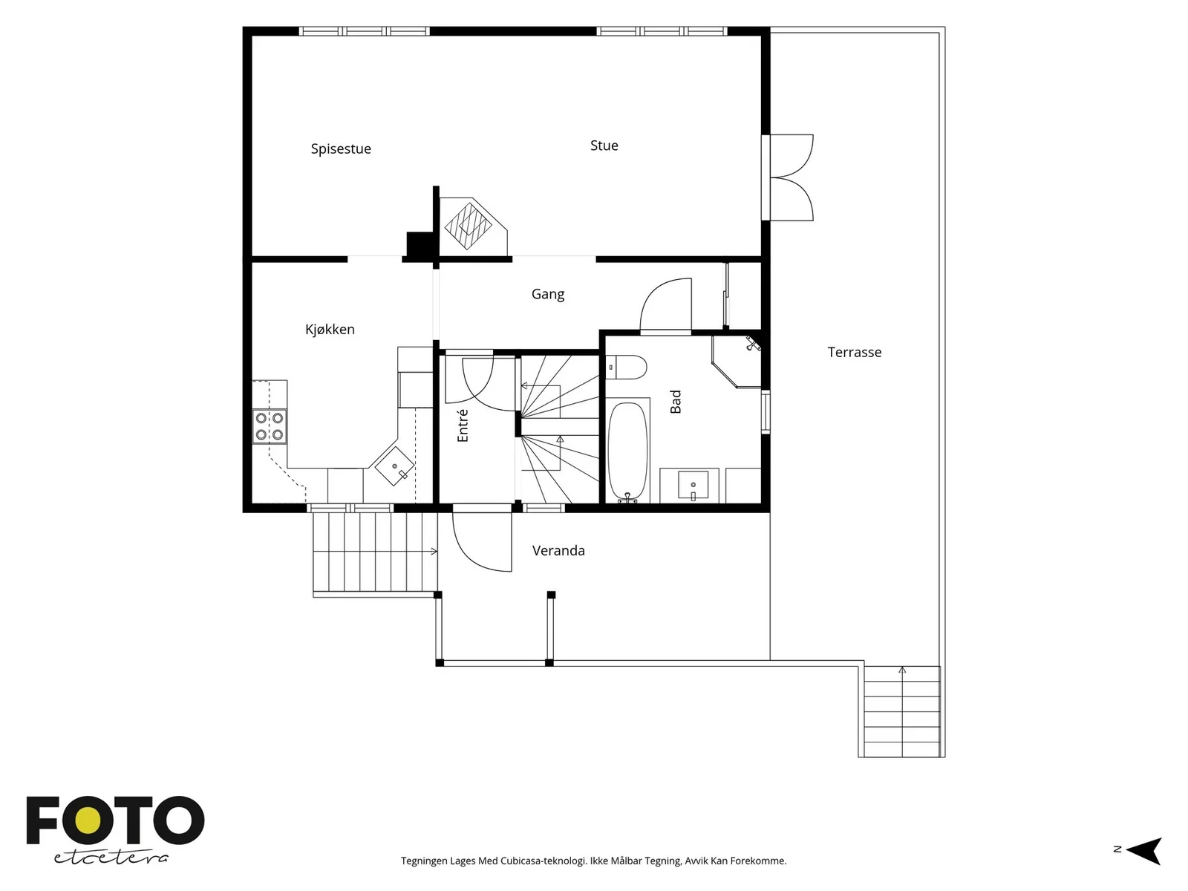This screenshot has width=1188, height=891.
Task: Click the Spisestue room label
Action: (x=341, y=148)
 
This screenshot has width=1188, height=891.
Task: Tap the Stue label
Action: (x=604, y=146)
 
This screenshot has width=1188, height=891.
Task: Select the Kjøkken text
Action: (x=330, y=329)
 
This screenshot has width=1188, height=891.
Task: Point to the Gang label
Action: (x=548, y=294)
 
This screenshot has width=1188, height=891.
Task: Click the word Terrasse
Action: (x=855, y=352)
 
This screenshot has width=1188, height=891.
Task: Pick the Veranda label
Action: (x=558, y=551)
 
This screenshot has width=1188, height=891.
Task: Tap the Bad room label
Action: (x=676, y=402)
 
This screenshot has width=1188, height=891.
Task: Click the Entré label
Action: (x=463, y=425)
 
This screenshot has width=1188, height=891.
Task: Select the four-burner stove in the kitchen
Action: (x=270, y=426)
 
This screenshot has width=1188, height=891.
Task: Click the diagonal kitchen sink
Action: (x=394, y=466)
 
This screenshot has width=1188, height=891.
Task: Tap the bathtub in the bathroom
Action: (x=628, y=451)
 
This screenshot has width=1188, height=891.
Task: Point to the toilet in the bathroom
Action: (x=626, y=368)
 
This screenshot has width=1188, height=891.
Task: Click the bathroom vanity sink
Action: (x=693, y=485)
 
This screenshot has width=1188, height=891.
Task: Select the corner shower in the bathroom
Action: (x=737, y=362)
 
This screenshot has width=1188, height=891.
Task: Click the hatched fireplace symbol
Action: (x=469, y=226)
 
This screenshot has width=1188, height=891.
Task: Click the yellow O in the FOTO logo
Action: (x=88, y=820)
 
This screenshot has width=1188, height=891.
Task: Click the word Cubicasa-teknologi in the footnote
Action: (x=544, y=861)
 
